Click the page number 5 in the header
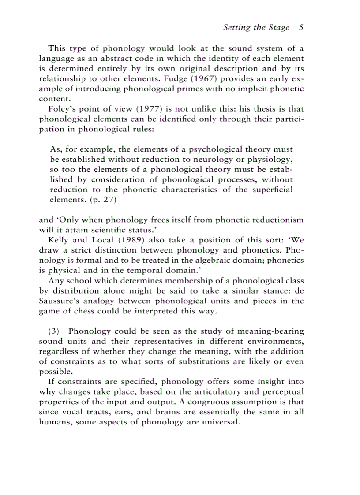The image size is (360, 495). [301, 27]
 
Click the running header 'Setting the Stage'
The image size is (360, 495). [256, 27]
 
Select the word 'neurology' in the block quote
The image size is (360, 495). [196, 159]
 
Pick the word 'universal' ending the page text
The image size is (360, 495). [220, 422]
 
